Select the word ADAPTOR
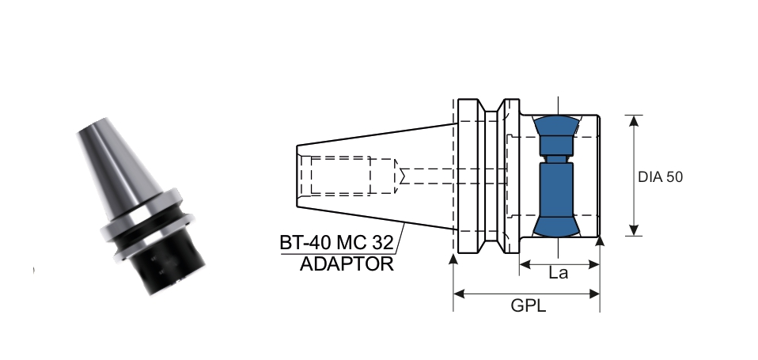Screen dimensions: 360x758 click(x=346, y=263)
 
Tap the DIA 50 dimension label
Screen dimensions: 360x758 click(x=660, y=176)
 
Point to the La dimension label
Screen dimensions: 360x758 click(x=558, y=273)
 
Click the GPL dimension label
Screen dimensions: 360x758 click(x=528, y=305)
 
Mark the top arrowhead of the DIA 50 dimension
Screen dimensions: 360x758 click(x=633, y=120)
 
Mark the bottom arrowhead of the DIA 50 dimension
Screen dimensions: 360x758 click(x=633, y=230)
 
